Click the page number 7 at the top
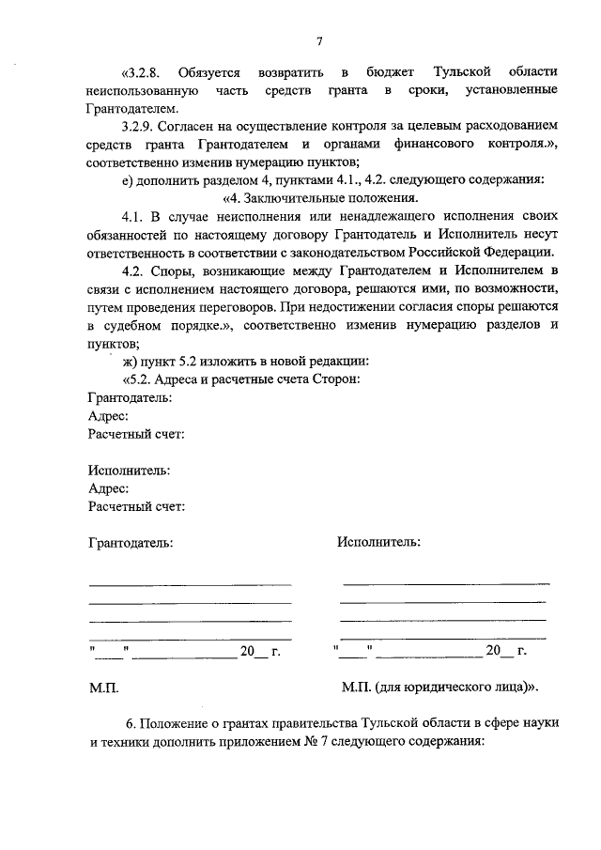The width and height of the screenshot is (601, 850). tap(319, 41)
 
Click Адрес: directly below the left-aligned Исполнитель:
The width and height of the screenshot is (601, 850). tap(108, 488)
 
